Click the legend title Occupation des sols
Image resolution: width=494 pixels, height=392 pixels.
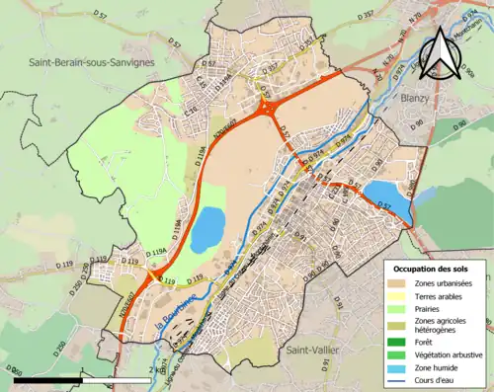pyautogui.click(x=431, y=268)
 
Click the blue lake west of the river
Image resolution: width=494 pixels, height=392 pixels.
pyautogui.click(x=207, y=229)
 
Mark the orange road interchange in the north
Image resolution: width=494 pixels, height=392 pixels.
pyautogui.click(x=268, y=107)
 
